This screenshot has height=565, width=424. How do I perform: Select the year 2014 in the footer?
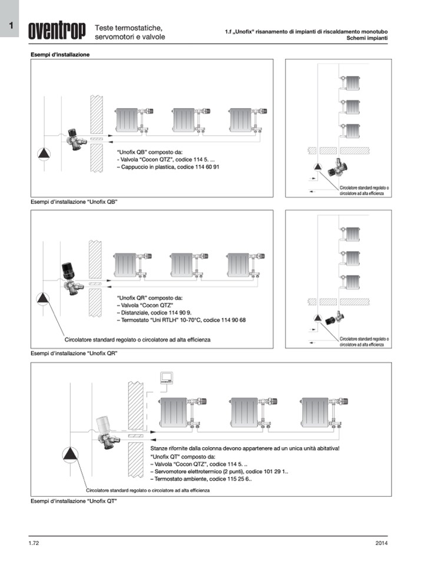(x=381, y=542)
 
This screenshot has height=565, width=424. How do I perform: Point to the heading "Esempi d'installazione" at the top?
(x=60, y=54)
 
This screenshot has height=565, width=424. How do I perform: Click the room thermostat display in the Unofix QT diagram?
(x=168, y=378)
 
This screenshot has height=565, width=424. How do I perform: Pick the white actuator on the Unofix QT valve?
(x=104, y=423)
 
